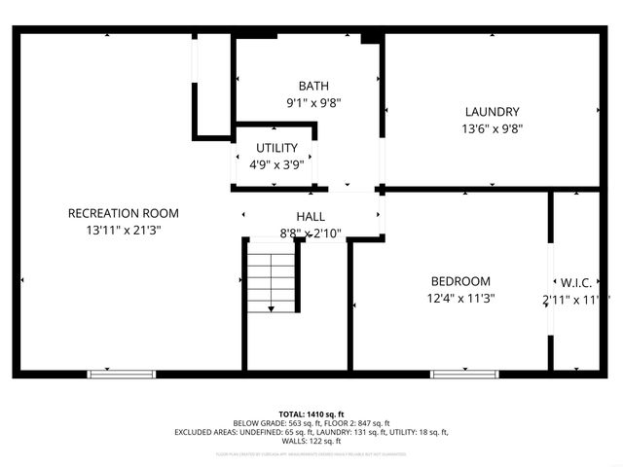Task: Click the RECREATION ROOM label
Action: [124, 213]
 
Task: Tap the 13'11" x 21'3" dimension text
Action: [124, 231]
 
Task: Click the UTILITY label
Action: [276, 148]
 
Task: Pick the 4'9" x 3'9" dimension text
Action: [276, 164]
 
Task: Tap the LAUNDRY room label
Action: [492, 112]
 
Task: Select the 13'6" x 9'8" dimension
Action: [492, 128]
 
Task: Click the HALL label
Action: [311, 216]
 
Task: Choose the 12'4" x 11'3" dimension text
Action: [460, 299]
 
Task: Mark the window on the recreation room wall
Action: [122, 374]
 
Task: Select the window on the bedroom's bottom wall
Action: [458, 374]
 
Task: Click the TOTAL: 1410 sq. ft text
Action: [311, 413]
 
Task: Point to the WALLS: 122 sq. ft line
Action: [311, 441]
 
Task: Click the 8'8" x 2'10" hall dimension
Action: [311, 233]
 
